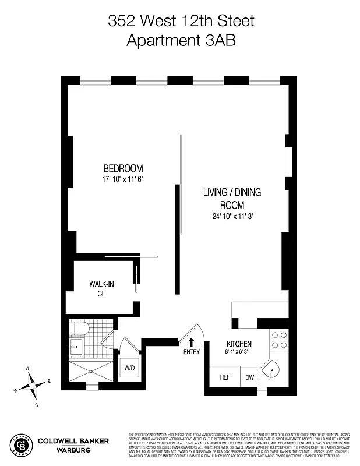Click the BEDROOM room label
click(x=122, y=169)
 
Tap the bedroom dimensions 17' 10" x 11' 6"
click(x=122, y=180)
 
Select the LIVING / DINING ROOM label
click(x=232, y=199)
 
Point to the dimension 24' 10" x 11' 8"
click(x=232, y=216)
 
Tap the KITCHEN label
click(x=239, y=344)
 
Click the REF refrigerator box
click(x=224, y=377)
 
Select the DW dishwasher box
click(x=249, y=377)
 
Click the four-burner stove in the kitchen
click(x=279, y=340)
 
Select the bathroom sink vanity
click(x=76, y=348)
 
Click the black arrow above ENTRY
click(x=192, y=341)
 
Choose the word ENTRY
click(x=192, y=352)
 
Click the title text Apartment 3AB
click(x=181, y=40)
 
